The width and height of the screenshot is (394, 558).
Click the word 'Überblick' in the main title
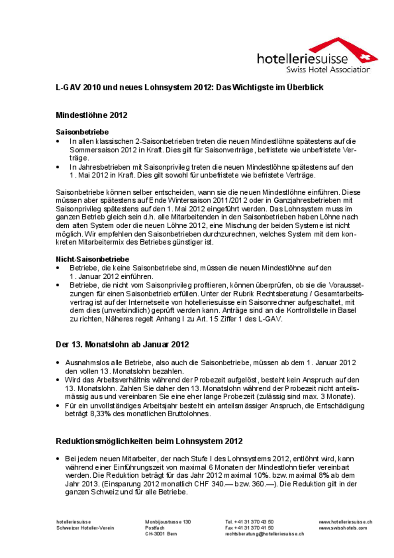click(x=306, y=87)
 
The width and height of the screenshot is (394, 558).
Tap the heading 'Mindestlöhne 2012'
click(x=91, y=115)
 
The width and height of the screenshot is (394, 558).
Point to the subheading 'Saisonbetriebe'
click(x=82, y=131)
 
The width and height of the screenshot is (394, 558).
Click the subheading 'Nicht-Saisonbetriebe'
click(x=92, y=259)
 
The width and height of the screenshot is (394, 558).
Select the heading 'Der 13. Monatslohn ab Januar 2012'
click(x=122, y=345)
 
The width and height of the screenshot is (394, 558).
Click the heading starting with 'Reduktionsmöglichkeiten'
click(x=149, y=441)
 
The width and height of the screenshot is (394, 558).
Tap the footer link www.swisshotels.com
click(x=343, y=528)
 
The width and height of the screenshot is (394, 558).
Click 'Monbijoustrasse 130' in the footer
click(x=168, y=521)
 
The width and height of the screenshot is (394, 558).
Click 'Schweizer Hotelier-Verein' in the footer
click(x=85, y=528)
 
